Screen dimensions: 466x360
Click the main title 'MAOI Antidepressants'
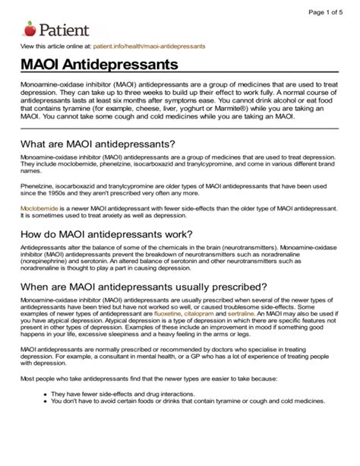[99, 68]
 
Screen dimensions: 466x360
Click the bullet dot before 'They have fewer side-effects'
[46, 416]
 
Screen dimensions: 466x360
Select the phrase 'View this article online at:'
[53, 47]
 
